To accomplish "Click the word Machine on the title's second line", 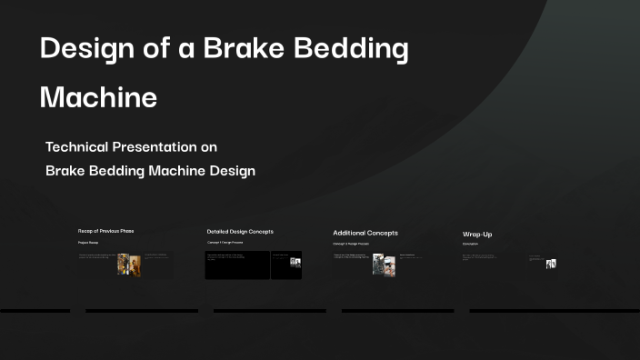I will point(98,96).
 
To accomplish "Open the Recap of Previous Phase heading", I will point(105,231).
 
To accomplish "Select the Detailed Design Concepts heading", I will point(240,231).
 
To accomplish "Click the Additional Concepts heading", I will point(365,233).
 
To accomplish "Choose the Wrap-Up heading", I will point(477,235).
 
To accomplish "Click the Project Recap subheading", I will point(88,244).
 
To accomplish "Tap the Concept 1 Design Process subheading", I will point(225,244).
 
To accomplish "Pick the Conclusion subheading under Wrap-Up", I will point(470,245).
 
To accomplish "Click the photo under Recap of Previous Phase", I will point(129,264).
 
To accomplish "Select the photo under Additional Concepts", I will point(384,264).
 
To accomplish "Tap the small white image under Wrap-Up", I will point(551,264).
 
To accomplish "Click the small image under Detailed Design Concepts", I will point(295,262).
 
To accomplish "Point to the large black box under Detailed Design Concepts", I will point(237,265).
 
